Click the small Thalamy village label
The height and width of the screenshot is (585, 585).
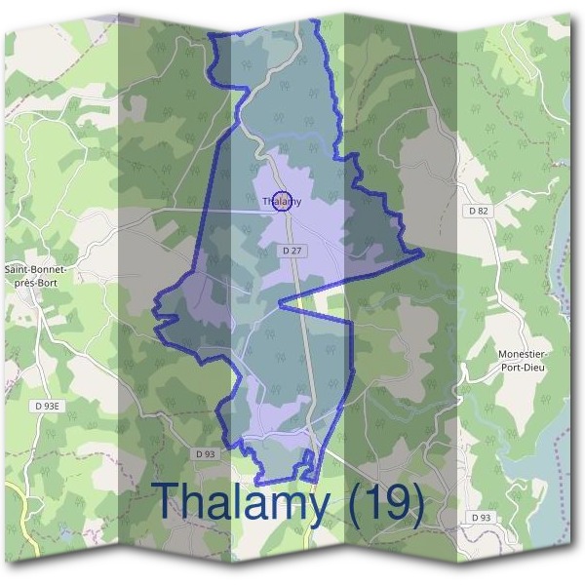coord(282,202)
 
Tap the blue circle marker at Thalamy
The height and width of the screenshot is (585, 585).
coord(281,201)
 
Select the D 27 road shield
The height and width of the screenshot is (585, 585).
coord(290,251)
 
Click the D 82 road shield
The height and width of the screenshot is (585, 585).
coord(479,211)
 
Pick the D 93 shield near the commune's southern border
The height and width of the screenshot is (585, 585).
coord(205,453)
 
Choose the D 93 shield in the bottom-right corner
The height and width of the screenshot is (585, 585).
coord(479,516)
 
